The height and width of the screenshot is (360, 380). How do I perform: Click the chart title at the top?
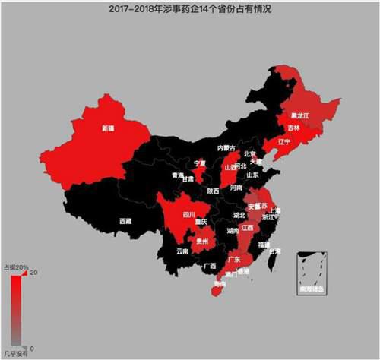(189, 10)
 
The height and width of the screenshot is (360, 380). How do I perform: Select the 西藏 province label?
(125, 220)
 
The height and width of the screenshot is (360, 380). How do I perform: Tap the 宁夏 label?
(201, 163)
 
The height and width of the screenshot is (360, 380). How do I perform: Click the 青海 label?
(179, 175)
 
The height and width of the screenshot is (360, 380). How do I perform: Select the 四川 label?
(189, 213)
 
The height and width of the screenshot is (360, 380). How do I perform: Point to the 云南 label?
(182, 251)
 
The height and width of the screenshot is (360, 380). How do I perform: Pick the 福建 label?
(264, 245)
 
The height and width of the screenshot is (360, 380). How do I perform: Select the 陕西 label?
(213, 191)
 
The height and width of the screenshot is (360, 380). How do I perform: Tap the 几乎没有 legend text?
(16, 353)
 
